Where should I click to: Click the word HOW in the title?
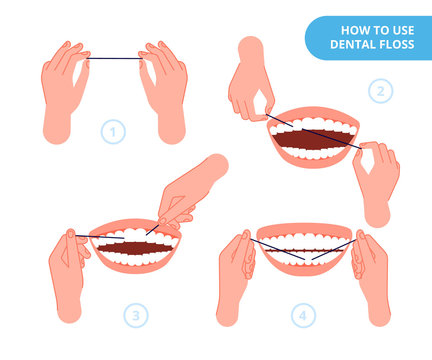click(345, 30)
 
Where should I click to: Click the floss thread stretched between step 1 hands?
click(115, 59)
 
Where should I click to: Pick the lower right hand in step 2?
click(377, 185)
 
